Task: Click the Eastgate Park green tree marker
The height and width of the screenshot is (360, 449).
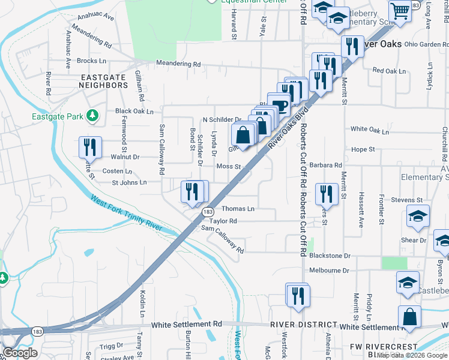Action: [92, 114]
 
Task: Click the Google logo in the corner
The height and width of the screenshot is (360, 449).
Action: [20, 353]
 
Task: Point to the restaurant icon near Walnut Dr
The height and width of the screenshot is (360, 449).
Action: [90, 147]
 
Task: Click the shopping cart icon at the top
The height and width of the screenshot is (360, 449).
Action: [399, 10]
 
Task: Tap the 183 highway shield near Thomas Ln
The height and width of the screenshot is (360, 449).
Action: [208, 212]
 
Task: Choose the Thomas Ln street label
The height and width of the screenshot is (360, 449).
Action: [238, 209]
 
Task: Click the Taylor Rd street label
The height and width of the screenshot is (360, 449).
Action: [223, 221]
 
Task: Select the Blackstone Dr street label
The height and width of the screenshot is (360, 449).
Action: [330, 256]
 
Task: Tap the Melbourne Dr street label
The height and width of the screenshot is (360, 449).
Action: [330, 271]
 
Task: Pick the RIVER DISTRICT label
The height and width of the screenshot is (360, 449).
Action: [300, 325]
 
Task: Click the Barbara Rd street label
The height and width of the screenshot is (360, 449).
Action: [326, 165]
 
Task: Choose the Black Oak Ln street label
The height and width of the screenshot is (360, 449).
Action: [134, 112]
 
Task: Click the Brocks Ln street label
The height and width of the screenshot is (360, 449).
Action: [92, 61]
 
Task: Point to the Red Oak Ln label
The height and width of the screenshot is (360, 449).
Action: [390, 71]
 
